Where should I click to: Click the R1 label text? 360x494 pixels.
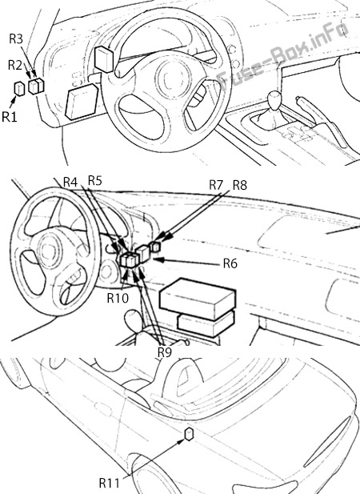click(x=9, y=117)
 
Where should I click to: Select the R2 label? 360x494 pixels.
click(x=15, y=65)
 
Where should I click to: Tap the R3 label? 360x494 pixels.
click(x=16, y=38)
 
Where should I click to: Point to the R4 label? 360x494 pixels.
click(x=70, y=182)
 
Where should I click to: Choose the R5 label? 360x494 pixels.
click(x=95, y=180)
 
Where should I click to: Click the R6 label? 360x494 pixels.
click(x=230, y=263)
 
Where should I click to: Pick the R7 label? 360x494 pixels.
click(x=216, y=185)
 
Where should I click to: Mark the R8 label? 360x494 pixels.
click(x=240, y=185)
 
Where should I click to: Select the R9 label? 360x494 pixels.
click(x=165, y=352)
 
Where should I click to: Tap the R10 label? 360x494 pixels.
click(x=118, y=298)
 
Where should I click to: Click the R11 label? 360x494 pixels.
click(x=109, y=482)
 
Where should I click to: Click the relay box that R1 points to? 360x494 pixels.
click(x=19, y=88)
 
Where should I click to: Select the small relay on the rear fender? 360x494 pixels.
click(x=189, y=434)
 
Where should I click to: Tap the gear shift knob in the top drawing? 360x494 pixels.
click(x=274, y=98)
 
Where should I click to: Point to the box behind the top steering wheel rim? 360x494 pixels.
click(x=104, y=59)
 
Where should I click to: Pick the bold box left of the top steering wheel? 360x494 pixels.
click(x=82, y=102)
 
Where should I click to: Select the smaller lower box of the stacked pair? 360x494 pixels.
click(x=206, y=323)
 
